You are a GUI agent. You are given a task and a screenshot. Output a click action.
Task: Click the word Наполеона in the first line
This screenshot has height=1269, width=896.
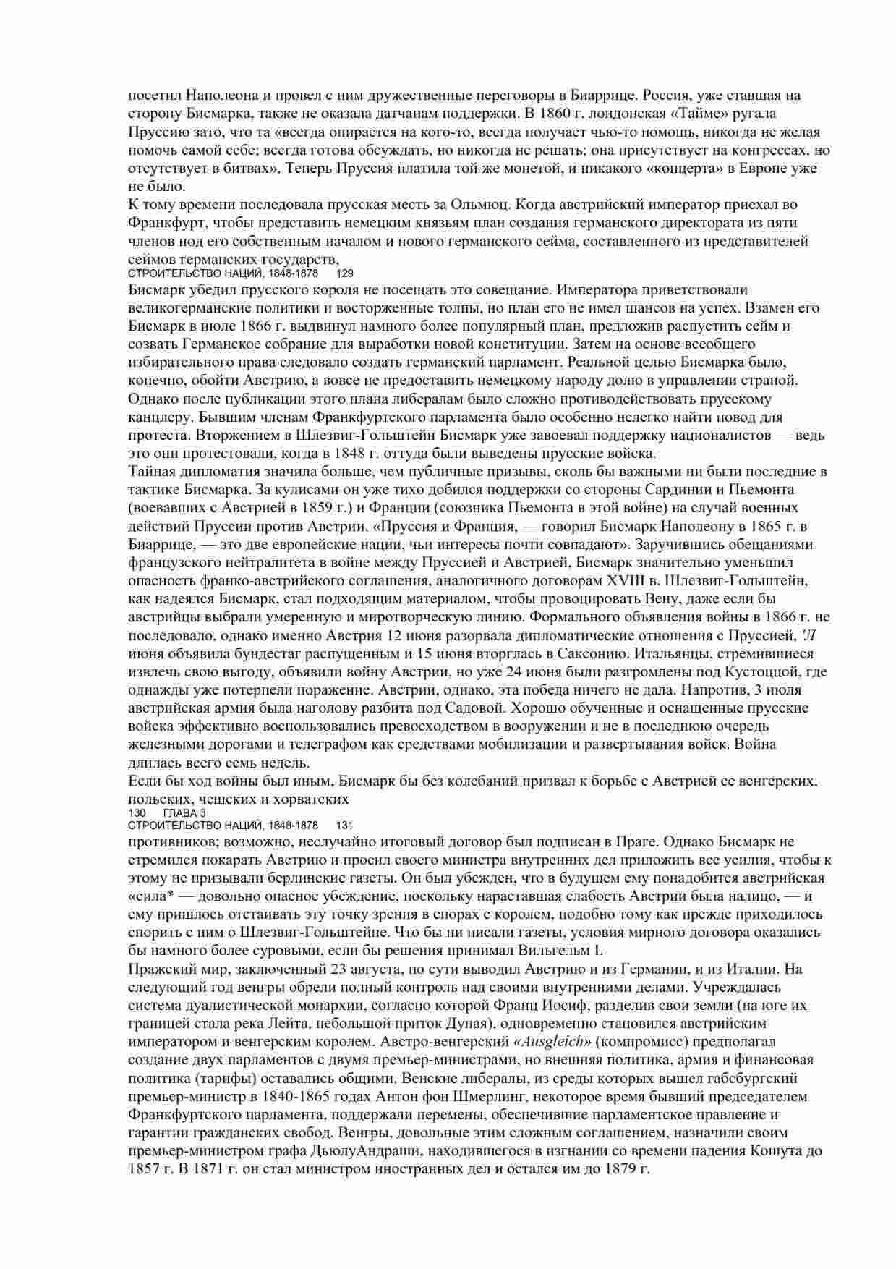tap(221, 95)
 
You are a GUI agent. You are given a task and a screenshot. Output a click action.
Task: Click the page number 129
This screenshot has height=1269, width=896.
tap(346, 273)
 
